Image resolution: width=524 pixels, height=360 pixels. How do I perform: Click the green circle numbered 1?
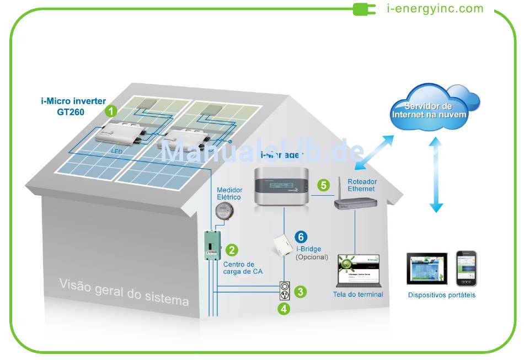[x=112, y=111]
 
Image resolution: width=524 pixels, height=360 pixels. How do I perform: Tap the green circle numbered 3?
[x=300, y=292]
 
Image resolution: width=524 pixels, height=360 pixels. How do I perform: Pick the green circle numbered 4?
[x=284, y=309]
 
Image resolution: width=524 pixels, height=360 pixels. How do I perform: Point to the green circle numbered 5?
[x=323, y=185]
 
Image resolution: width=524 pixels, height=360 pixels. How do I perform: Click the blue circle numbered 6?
[x=301, y=237]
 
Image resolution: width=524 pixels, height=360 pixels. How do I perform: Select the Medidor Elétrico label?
[x=229, y=194]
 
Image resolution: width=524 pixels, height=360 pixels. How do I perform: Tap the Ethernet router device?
[x=355, y=202]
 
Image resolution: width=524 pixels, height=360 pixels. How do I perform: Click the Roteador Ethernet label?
[x=361, y=185]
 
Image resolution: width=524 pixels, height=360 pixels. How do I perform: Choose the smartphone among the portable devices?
[x=466, y=268]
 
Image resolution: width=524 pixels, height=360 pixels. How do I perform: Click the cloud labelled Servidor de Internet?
[x=429, y=110]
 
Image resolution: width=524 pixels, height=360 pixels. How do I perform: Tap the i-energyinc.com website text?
[x=435, y=9]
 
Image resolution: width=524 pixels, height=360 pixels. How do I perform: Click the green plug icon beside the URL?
[x=365, y=9]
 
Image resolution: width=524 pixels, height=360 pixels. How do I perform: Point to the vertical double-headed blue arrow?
[x=436, y=175]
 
